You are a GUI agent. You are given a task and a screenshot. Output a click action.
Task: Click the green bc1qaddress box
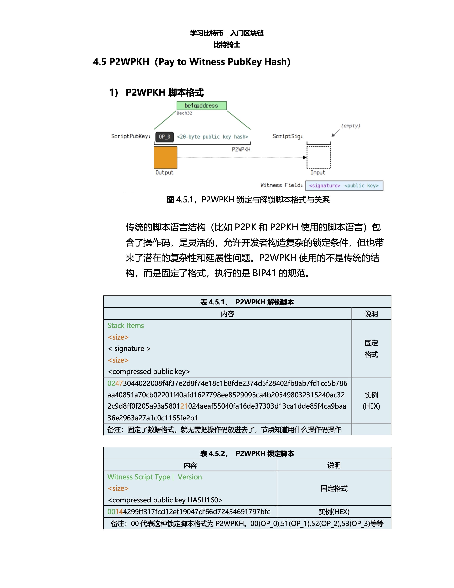coord(201,106)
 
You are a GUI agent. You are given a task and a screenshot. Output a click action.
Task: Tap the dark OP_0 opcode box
coord(164,137)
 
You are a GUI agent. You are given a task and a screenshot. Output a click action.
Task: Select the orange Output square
coord(165,158)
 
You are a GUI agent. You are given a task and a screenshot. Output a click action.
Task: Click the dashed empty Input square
coord(318,158)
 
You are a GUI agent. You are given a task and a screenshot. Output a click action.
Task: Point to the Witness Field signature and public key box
coord(344,186)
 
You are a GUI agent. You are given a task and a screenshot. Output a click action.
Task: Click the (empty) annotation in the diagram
coord(351,126)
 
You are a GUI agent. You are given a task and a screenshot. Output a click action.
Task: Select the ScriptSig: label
coord(287,136)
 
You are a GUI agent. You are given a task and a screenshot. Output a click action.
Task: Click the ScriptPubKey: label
coord(131,136)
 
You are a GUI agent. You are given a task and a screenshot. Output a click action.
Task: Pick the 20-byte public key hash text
coord(212,137)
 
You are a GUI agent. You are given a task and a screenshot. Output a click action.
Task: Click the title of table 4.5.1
coord(247,302)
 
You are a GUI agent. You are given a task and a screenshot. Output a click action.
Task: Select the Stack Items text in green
coord(126,326)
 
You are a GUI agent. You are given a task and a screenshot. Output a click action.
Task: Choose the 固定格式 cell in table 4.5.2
coord(334,488)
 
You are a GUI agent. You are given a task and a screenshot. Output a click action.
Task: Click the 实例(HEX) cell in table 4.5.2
coord(334,512)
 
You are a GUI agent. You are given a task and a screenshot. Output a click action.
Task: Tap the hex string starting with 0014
coord(189,512)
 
